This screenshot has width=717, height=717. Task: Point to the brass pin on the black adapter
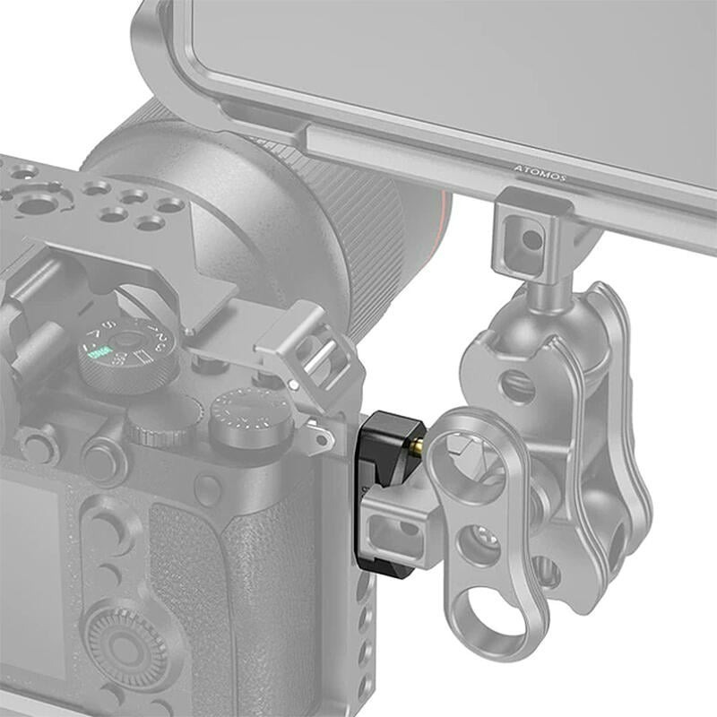pyautogui.click(x=419, y=444)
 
